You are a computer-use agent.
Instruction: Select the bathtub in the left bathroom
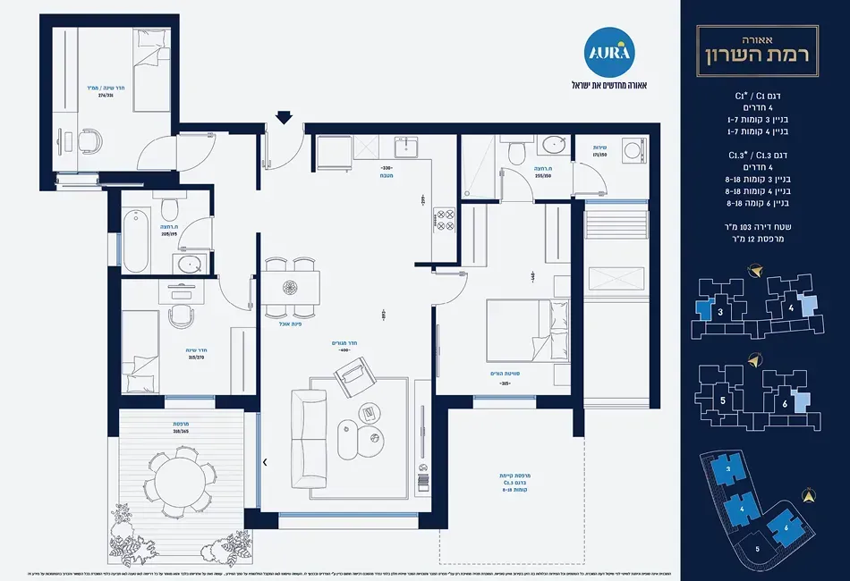pos(136,240)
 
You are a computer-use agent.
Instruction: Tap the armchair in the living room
pos(353,376)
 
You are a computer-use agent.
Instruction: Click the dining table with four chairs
pos(291,288)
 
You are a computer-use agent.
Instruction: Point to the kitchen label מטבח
pos(387,176)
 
